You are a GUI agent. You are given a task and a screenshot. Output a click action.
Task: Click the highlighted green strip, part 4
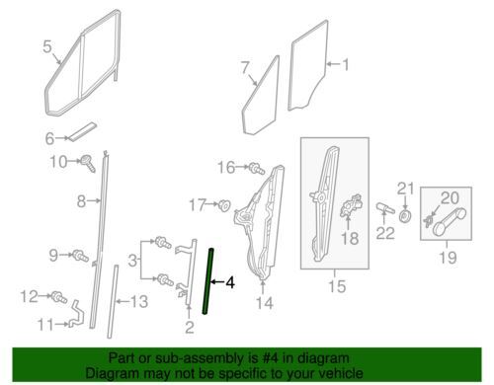[207, 282]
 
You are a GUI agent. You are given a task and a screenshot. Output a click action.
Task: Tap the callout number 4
[230, 282]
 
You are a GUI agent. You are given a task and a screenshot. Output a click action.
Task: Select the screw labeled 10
[89, 163]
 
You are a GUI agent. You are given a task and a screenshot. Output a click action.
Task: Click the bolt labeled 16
[257, 169]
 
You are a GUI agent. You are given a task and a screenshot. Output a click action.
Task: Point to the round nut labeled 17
[224, 205]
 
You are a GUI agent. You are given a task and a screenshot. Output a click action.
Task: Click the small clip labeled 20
[428, 221]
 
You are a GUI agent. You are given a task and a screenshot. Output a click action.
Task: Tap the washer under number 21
[405, 216]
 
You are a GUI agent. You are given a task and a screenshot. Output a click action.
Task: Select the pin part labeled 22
[385, 208]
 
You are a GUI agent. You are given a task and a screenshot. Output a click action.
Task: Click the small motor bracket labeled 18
[352, 205]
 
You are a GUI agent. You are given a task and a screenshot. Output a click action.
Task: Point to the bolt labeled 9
[80, 256]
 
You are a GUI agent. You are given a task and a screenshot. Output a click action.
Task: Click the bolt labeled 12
[59, 297]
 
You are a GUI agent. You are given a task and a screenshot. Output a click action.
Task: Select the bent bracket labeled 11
[77, 313]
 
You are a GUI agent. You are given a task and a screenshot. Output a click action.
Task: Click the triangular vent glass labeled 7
[261, 96]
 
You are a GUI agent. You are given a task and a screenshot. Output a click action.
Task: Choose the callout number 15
[337, 285]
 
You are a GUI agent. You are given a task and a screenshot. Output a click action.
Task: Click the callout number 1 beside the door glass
[346, 65]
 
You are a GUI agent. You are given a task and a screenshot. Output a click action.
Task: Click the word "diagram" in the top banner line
[323, 358]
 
